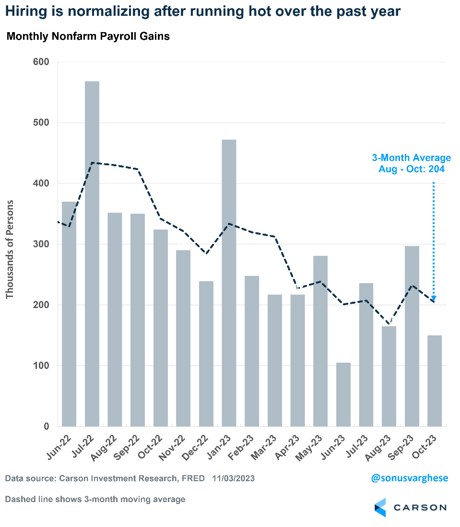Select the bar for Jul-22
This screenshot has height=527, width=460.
[x=92, y=254]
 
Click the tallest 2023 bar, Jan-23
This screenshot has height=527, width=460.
[x=229, y=283]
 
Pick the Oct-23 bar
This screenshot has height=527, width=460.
[x=435, y=381]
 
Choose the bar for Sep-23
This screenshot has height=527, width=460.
[x=412, y=336]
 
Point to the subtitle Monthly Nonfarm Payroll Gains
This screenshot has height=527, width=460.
[x=88, y=36]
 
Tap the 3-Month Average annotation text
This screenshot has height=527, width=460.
[x=412, y=163]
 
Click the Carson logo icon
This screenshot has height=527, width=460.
[x=380, y=507]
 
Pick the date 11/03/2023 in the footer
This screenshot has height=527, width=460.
[x=234, y=478]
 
